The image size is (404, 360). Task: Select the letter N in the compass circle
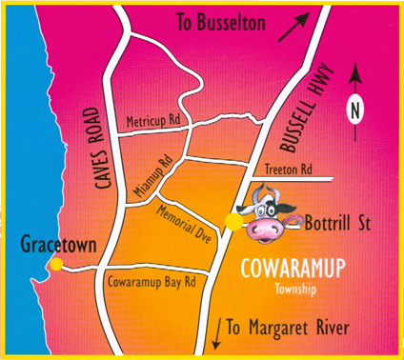pos(355,110)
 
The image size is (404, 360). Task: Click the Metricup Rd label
pos(153,123)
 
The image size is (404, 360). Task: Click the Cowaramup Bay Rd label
pos(151,282)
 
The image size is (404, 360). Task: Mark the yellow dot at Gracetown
pos(57,264)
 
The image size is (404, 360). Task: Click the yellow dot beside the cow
pos(231,222)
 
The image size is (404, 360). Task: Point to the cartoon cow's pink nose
pos(264,229)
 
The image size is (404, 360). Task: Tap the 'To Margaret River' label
pos(289,329)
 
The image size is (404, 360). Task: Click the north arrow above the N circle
pos(355,78)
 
